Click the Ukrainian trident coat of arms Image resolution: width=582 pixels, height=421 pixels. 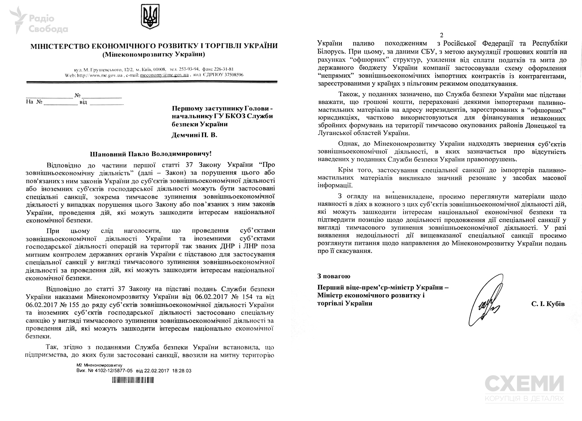(x=150, y=16)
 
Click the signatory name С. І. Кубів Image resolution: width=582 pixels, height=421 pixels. (x=548, y=304)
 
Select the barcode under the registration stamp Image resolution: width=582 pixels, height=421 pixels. (x=133, y=380)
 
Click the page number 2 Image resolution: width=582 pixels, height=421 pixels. (x=441, y=35)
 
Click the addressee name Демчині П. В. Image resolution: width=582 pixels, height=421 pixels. (x=195, y=135)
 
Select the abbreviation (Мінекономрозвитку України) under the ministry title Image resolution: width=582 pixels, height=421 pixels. (x=154, y=54)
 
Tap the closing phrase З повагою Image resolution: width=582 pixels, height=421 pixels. (x=334, y=276)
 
